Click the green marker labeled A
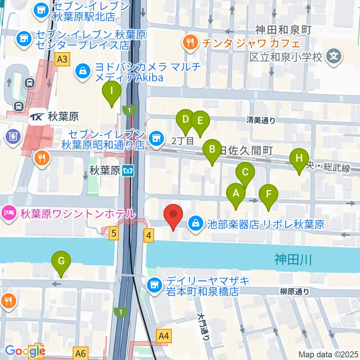(x=236, y=194)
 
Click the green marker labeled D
(x=185, y=120)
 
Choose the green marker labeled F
(x=268, y=195)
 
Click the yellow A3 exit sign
(x=62, y=59)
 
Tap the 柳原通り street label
(x=294, y=291)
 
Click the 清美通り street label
(x=261, y=120)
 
